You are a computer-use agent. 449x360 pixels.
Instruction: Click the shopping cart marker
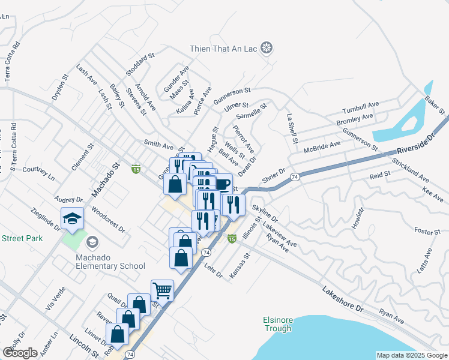coord(162,291)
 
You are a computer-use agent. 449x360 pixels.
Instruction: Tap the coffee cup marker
coord(221,184)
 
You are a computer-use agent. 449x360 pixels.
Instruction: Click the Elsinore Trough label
coord(277,324)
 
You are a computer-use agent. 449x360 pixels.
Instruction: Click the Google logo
coord(20,353)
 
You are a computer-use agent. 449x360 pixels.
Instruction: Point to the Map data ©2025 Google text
coord(412,355)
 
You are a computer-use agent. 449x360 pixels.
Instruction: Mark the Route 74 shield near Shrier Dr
coord(294,177)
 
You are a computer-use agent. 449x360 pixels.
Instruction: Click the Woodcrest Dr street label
coord(109,220)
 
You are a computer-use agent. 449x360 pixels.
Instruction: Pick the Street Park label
coord(22,238)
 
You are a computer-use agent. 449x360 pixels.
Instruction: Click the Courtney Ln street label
coord(38,173)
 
